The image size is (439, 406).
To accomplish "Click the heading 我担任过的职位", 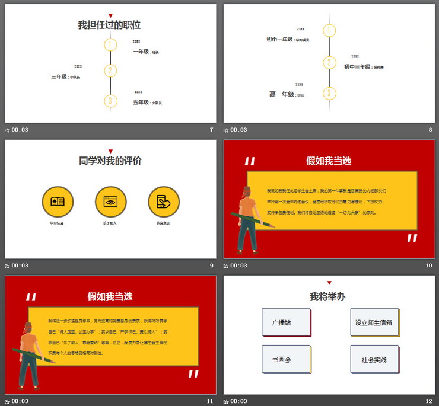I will [x=110, y=25].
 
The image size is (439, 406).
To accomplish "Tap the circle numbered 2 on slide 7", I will [x=110, y=71].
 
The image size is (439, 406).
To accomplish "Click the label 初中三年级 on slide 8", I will [x=358, y=67].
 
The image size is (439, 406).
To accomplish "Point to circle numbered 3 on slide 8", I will [x=329, y=93].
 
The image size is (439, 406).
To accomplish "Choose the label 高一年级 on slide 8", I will [x=282, y=94].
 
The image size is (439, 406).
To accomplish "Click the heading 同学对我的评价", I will [x=110, y=161].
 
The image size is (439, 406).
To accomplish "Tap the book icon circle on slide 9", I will [x=58, y=202].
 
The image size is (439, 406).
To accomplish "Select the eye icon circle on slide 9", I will [x=110, y=202].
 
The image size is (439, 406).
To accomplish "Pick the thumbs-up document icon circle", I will [x=164, y=202].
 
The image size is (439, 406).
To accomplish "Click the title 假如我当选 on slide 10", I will [x=329, y=161].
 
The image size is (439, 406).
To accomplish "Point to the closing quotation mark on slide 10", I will [x=412, y=238].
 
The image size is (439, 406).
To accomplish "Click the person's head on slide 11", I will [x=28, y=328].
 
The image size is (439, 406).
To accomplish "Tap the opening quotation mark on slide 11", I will [x=31, y=297].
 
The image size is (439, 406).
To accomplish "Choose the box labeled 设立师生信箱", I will [x=374, y=322].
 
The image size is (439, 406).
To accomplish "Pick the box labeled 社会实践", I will [x=374, y=359].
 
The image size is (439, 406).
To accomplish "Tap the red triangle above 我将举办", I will [x=329, y=283].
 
